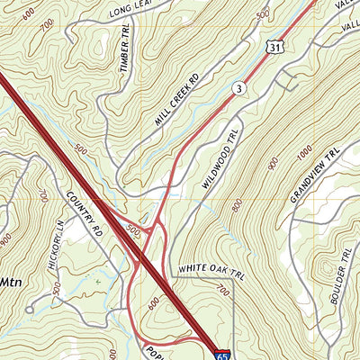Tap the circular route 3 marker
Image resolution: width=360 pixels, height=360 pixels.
(238, 87)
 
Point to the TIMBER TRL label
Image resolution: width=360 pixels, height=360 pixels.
(124, 52)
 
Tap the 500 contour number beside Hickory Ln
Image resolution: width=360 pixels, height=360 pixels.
(56, 290)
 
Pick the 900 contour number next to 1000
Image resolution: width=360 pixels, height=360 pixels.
(273, 163)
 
